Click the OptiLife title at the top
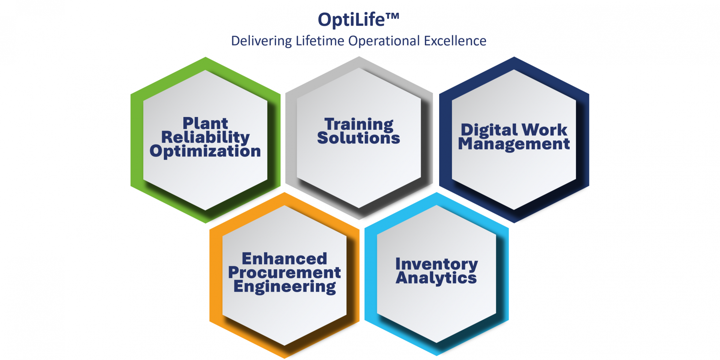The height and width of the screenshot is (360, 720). point(358,20)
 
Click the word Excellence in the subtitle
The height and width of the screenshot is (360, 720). point(455,40)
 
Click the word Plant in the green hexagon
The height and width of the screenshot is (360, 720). point(205,123)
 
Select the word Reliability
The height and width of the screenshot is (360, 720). point(205,137)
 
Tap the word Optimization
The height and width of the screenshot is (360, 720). point(205,151)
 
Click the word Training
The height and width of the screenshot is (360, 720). point(359,124)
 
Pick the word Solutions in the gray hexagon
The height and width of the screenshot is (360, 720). point(358,138)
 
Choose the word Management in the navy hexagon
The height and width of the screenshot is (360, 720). point(514,144)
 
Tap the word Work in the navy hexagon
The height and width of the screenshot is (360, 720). point(544,130)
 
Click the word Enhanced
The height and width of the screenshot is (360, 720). point(284,259)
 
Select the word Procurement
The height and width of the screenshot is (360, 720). point(284,273)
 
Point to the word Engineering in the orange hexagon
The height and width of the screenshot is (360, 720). point(284,287)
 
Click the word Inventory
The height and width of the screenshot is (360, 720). point(436,264)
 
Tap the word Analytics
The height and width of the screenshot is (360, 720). point(436,278)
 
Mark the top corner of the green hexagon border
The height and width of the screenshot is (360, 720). point(205,57)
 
